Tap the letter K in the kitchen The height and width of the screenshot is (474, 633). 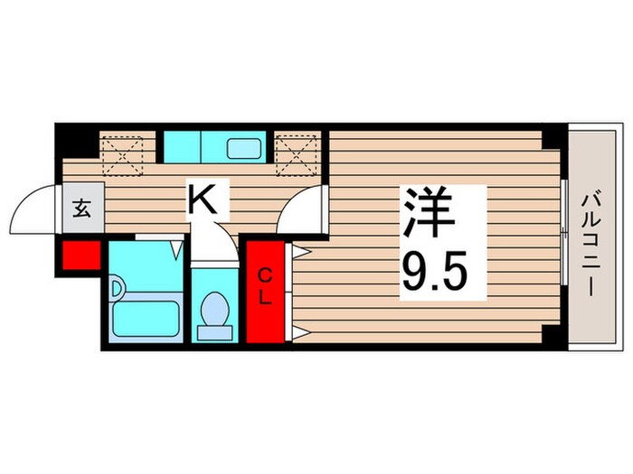tap(202, 198)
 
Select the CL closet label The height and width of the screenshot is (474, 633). tap(266, 287)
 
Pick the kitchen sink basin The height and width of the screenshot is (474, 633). tap(243, 145)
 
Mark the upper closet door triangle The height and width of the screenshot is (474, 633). tap(301, 253)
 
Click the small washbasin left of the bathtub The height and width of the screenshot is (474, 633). tap(117, 290)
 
